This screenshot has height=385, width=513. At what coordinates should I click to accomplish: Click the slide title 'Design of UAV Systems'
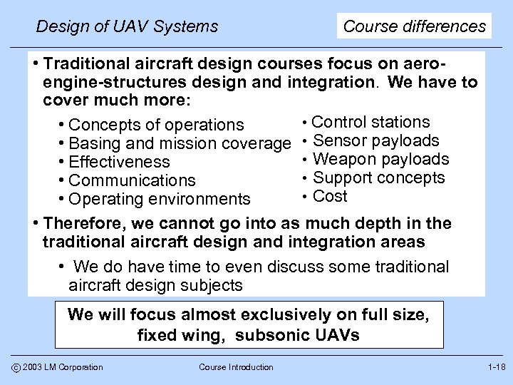tap(127, 27)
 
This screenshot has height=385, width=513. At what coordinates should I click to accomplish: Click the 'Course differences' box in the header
tap(415, 26)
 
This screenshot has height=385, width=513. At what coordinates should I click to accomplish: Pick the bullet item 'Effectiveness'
tap(120, 163)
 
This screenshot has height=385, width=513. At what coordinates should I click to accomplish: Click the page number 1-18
tap(495, 366)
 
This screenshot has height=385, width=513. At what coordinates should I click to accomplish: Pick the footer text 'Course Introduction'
tap(235, 367)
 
